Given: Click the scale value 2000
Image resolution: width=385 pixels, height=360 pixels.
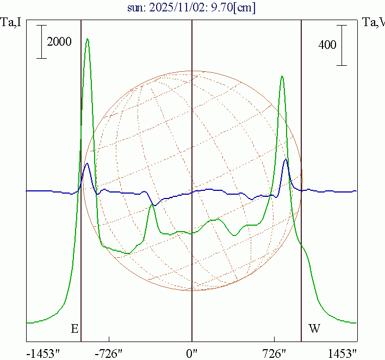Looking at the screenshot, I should click(x=59, y=42).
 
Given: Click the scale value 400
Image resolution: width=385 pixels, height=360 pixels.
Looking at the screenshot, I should click(x=327, y=45).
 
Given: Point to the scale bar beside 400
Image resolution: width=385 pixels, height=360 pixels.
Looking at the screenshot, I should click(x=341, y=45).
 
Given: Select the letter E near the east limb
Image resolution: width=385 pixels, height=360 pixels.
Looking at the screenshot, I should click(x=74, y=328).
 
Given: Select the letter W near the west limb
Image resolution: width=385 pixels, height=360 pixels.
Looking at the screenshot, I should click(x=314, y=328).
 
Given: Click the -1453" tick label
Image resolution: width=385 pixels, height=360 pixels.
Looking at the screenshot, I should click(x=43, y=353).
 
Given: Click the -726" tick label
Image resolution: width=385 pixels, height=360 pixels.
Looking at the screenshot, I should click(x=109, y=353).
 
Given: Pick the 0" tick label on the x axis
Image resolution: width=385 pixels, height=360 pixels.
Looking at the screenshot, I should click(x=192, y=353).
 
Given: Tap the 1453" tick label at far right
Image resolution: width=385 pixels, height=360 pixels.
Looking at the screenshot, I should click(x=343, y=353).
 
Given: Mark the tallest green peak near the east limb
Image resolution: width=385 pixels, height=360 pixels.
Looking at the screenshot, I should click(x=88, y=39).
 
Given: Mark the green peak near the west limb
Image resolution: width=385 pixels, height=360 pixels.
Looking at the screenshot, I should click(x=282, y=76).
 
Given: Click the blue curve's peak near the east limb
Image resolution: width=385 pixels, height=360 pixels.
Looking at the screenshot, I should click(x=87, y=164).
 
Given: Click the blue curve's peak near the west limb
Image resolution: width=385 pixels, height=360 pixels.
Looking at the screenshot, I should click(x=285, y=159).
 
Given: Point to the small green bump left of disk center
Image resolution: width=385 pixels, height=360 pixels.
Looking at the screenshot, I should click(x=152, y=206).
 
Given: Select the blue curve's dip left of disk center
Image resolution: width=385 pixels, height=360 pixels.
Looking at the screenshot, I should click(x=155, y=205).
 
